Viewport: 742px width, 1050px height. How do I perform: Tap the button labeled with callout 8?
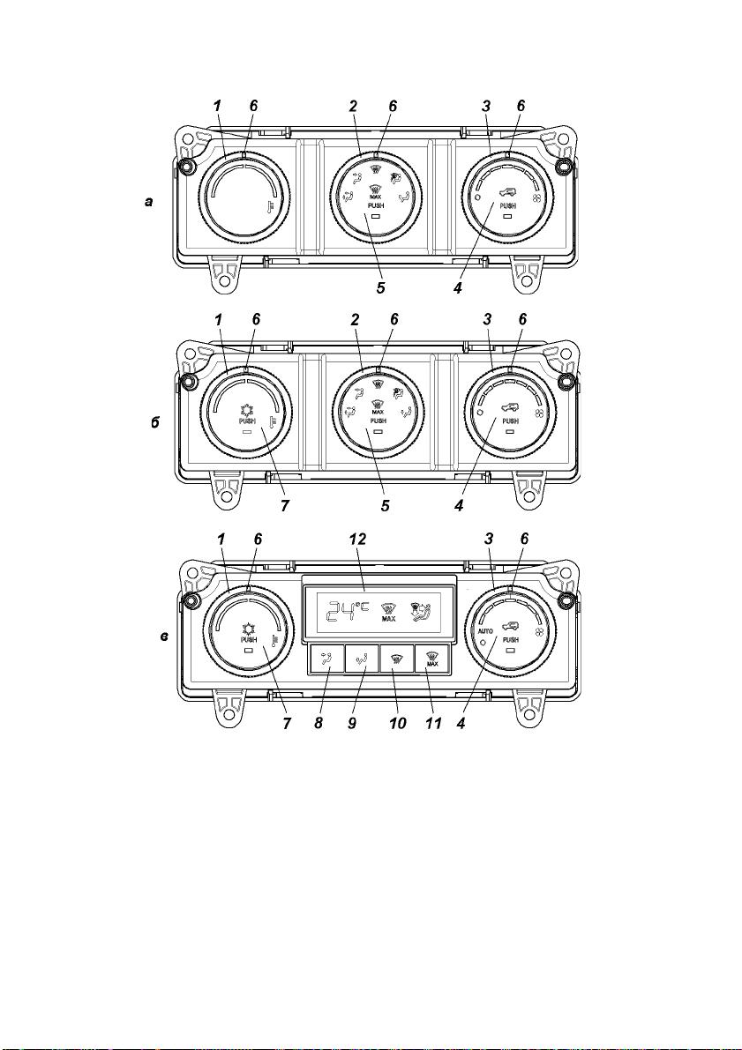pyautogui.click(x=326, y=659)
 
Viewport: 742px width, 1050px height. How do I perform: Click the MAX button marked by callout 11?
pyautogui.click(x=431, y=659)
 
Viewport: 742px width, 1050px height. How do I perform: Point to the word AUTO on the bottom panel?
pyautogui.click(x=485, y=631)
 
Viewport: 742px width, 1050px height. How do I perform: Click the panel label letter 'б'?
pyautogui.click(x=154, y=423)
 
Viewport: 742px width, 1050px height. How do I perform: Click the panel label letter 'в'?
pyautogui.click(x=164, y=637)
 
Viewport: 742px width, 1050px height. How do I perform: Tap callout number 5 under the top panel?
pyautogui.click(x=380, y=289)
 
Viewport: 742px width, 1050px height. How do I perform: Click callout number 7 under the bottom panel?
pyautogui.click(x=287, y=724)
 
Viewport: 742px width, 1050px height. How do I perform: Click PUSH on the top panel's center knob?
pyautogui.click(x=376, y=205)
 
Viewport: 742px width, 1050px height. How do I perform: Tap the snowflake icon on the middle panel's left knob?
pyautogui.click(x=246, y=409)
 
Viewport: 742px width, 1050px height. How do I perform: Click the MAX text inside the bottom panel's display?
pyautogui.click(x=389, y=619)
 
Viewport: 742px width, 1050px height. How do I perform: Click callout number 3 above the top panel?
pyautogui.click(x=487, y=106)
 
